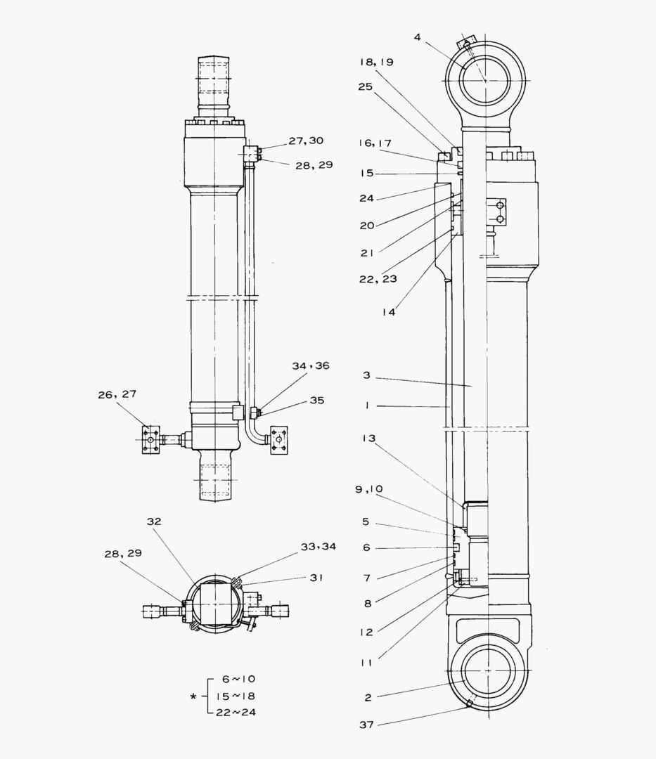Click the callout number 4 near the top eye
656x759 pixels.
click(417, 37)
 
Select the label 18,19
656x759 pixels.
click(376, 62)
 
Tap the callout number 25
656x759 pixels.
click(365, 87)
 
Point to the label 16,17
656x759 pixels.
click(375, 143)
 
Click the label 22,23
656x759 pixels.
click(379, 279)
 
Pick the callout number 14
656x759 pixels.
click(388, 312)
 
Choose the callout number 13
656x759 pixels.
click(369, 439)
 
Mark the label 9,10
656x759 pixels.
click(369, 488)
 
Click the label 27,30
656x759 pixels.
click(306, 141)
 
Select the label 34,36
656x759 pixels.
click(311, 366)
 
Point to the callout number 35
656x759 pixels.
click(317, 401)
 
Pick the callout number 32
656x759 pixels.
click(154, 521)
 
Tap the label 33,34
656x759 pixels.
click(318, 547)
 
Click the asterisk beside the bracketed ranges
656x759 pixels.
click(193, 697)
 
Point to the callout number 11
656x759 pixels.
click(366, 662)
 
